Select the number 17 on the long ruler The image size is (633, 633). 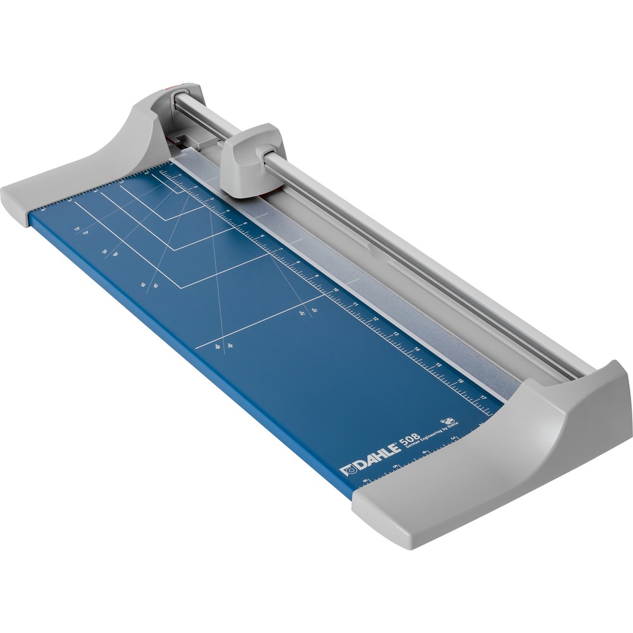(x=484, y=398)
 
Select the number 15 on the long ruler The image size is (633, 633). (x=439, y=365)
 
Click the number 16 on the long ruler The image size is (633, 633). (x=461, y=381)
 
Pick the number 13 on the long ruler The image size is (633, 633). (x=396, y=334)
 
